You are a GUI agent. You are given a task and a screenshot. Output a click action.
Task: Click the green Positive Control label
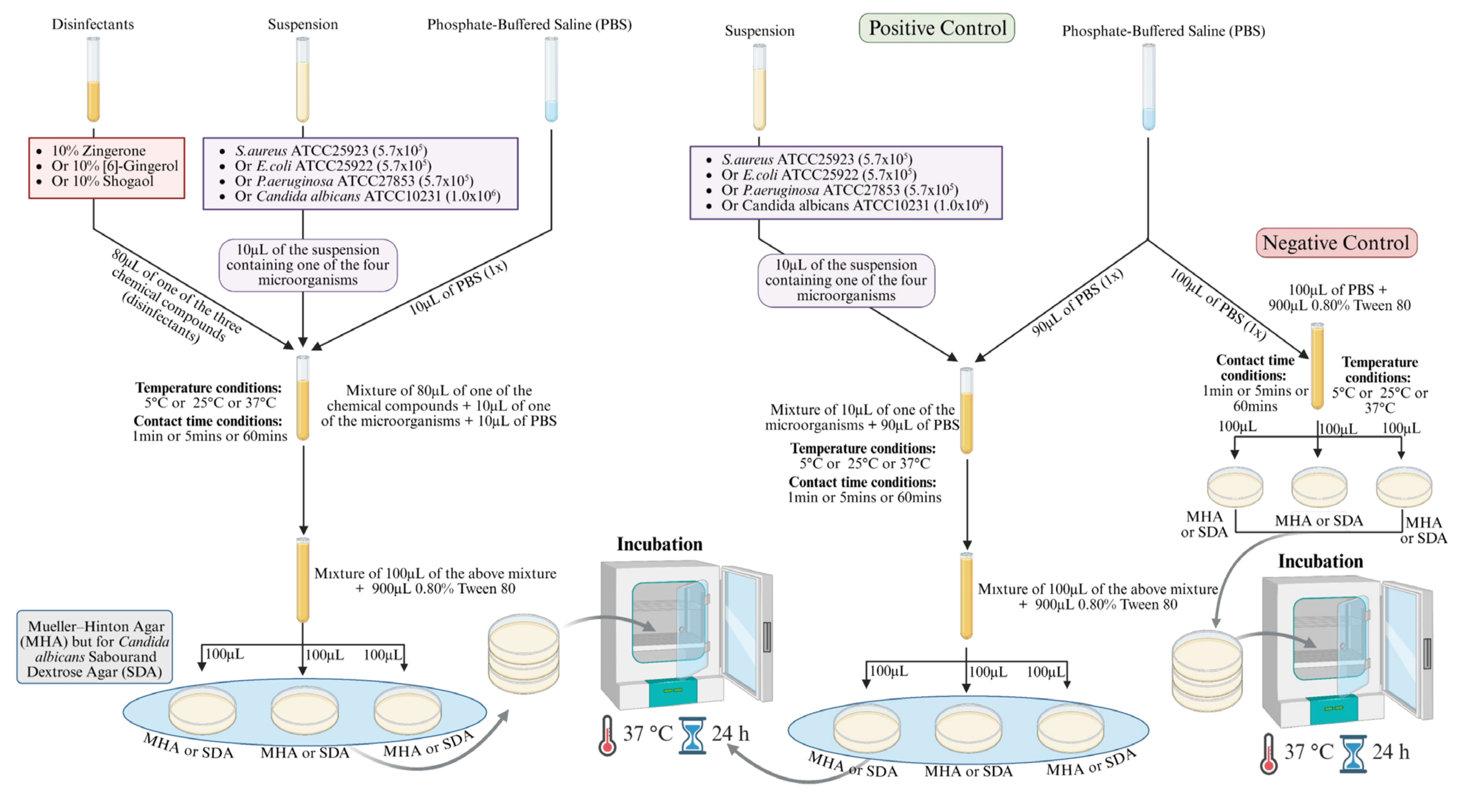click(937, 28)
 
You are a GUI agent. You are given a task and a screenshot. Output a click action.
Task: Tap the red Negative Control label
click(1336, 242)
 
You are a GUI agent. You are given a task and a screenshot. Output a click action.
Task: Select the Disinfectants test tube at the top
click(93, 79)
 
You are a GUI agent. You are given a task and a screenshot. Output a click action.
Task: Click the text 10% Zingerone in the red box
click(99, 151)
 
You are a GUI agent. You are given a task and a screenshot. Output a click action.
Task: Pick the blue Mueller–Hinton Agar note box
click(95, 646)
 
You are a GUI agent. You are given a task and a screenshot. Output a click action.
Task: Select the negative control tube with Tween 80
click(1317, 366)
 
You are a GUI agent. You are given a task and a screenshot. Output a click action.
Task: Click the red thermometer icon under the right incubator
click(1269, 754)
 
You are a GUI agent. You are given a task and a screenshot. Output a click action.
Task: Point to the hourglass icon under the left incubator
click(692, 735)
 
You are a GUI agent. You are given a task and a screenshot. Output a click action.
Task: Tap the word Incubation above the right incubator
click(1320, 561)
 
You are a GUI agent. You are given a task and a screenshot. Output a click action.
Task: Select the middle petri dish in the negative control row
click(1319, 486)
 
